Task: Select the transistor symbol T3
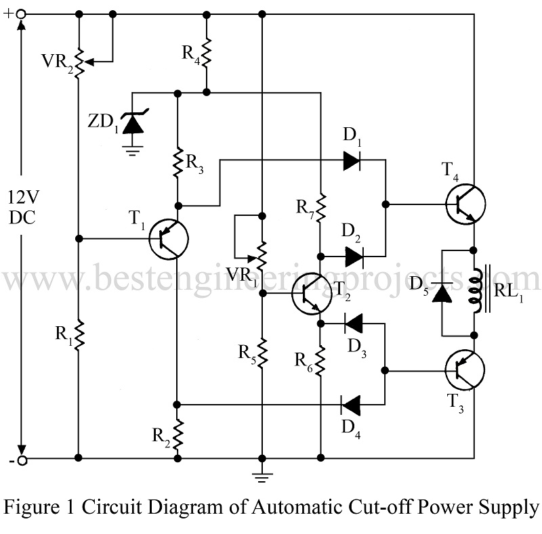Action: (465, 370)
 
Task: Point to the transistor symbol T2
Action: (310, 293)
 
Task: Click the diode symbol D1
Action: (352, 160)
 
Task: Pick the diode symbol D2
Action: (353, 257)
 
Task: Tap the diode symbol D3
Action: (353, 323)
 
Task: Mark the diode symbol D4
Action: (351, 405)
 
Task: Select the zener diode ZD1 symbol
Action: (134, 122)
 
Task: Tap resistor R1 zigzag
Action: (79, 334)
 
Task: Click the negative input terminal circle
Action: (22, 460)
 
